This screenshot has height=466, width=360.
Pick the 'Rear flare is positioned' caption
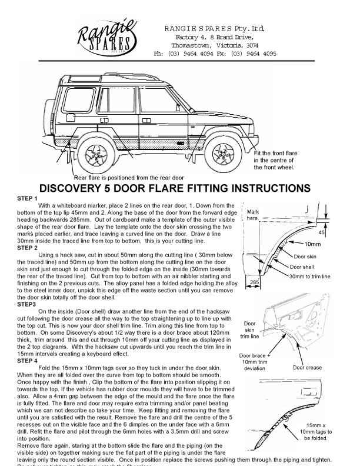pos(129,177)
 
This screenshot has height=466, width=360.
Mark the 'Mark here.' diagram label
pos(254,215)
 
